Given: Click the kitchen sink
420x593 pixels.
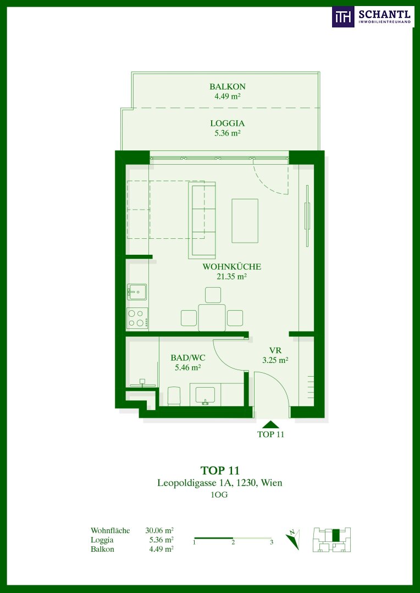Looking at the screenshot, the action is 137,292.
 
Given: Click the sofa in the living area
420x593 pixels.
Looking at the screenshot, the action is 202,220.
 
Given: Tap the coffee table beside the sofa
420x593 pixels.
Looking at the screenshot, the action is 245,221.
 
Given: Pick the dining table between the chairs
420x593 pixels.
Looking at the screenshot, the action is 212,318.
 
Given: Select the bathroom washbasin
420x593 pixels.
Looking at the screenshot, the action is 205,396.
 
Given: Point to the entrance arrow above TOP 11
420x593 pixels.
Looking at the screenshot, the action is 270,424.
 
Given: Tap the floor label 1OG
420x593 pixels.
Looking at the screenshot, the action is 219,495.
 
